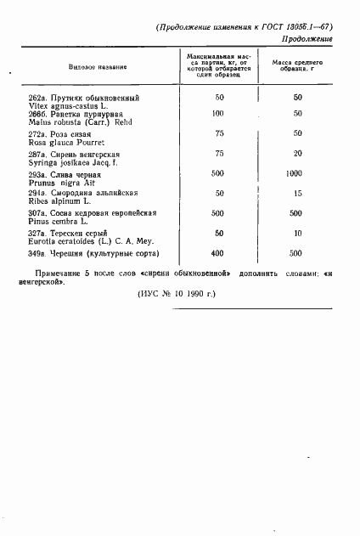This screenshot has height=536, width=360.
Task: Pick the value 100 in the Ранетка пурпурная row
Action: [218, 114]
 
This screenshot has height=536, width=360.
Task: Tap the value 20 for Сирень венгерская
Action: [297, 154]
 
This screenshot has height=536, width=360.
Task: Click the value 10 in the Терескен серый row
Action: [297, 233]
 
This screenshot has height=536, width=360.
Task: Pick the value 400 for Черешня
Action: [218, 253]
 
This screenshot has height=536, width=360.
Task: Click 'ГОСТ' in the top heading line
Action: [272, 27]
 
